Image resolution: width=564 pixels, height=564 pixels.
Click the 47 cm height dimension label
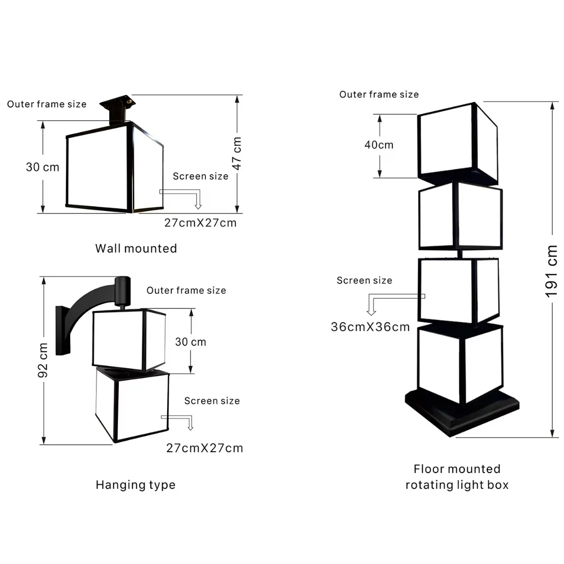point(236,153)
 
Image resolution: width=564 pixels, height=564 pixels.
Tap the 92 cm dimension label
point(43,360)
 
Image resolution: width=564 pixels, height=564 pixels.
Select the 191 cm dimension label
point(551,271)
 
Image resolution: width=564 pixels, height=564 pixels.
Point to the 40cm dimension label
point(379,145)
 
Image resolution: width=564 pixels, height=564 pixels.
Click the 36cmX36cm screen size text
point(370,327)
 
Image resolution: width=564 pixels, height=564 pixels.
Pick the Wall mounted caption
point(136,248)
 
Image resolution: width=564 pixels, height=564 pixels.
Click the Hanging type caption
point(136,485)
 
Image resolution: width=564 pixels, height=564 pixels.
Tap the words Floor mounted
point(457,468)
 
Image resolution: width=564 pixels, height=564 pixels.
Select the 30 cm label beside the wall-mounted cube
point(43,167)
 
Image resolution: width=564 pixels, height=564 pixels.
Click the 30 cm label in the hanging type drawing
point(191,342)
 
